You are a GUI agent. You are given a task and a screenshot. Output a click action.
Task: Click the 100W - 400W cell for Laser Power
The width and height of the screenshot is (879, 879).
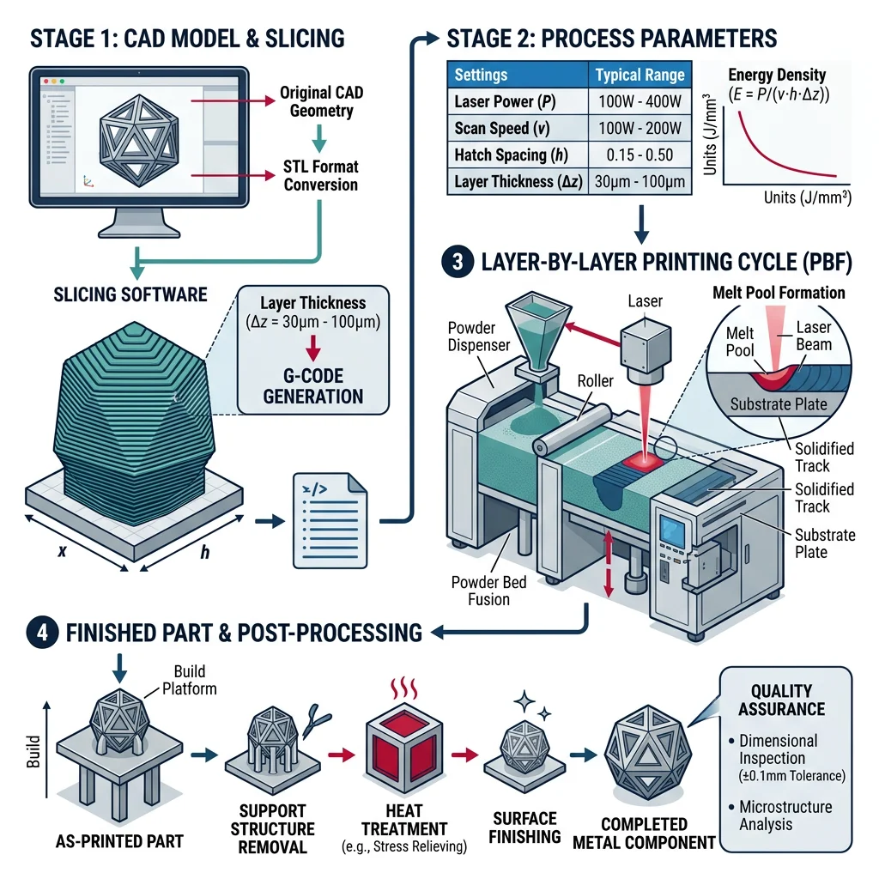(640, 101)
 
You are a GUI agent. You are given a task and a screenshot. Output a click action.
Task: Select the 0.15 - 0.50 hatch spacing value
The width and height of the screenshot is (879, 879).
(640, 155)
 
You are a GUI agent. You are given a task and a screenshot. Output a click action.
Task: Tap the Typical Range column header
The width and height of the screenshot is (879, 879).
(640, 75)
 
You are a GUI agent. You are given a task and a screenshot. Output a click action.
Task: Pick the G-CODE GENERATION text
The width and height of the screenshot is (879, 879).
(312, 385)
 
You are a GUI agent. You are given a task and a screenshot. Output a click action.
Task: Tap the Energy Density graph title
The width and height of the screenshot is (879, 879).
(776, 84)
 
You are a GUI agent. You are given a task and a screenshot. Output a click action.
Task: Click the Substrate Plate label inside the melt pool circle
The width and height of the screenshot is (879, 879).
(778, 403)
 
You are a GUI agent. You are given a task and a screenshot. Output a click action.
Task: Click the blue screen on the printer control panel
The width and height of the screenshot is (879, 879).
(673, 535)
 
